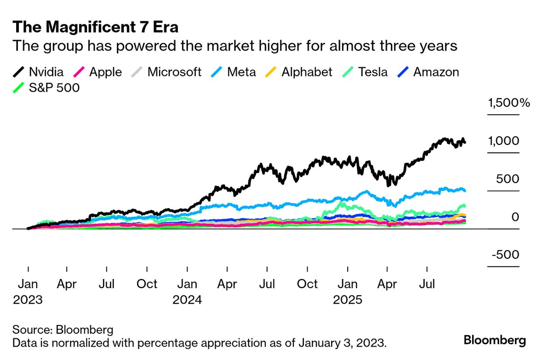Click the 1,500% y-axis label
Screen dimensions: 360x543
click(509, 103)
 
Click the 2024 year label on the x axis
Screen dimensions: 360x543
click(187, 300)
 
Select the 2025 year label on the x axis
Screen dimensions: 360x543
click(348, 300)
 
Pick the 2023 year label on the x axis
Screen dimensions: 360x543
click(28, 300)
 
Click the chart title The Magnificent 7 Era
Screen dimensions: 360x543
click(95, 27)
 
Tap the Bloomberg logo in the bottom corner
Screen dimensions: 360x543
click(495, 341)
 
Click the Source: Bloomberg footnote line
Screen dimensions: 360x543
click(63, 330)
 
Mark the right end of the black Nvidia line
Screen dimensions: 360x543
click(464, 142)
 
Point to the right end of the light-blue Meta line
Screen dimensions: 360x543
click(464, 190)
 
